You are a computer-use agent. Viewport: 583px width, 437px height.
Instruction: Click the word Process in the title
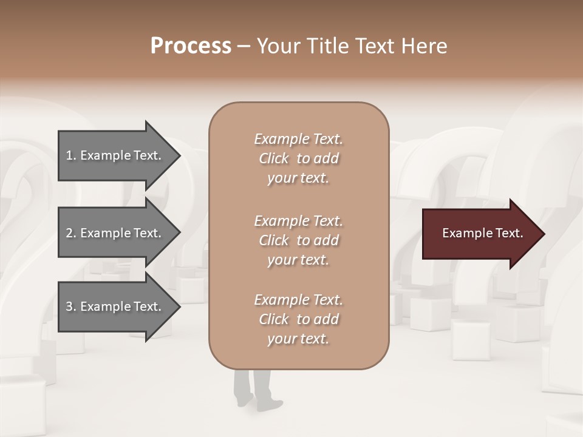(x=191, y=46)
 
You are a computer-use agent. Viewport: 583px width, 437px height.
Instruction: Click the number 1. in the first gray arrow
(x=71, y=155)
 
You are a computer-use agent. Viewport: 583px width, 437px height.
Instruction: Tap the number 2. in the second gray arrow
(x=71, y=233)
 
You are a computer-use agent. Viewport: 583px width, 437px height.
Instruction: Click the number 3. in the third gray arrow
(x=71, y=307)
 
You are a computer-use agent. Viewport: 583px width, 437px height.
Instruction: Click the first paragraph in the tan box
(x=298, y=158)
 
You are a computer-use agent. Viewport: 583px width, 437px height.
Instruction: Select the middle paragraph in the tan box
(x=298, y=240)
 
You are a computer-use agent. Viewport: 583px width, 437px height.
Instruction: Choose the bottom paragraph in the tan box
(x=298, y=319)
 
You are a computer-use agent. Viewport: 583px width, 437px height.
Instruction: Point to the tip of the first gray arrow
(x=179, y=155)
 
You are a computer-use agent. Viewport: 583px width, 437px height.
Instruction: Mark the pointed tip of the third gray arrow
(x=179, y=307)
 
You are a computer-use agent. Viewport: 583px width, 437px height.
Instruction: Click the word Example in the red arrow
(x=466, y=233)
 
